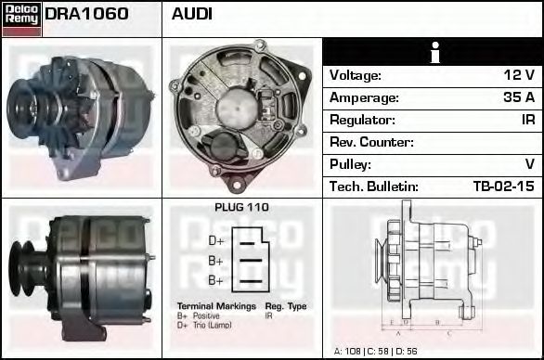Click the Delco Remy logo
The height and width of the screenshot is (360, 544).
pyautogui.click(x=21, y=19)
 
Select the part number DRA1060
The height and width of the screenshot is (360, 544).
pyautogui.click(x=86, y=15)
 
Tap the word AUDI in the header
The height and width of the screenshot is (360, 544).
pyautogui.click(x=192, y=15)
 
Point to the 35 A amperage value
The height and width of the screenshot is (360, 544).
pyautogui.click(x=518, y=97)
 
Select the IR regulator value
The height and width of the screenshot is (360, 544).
pyautogui.click(x=527, y=120)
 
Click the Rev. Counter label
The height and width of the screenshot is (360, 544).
pyautogui.click(x=371, y=142)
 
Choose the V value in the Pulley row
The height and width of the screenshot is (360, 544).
pyautogui.click(x=529, y=164)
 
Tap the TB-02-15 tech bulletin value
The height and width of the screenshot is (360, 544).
pyautogui.click(x=503, y=186)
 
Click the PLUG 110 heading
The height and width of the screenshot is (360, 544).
pyautogui.click(x=241, y=208)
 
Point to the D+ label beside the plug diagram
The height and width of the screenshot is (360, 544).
pyautogui.click(x=215, y=240)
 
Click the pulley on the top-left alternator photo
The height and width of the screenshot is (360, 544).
pyautogui.click(x=27, y=103)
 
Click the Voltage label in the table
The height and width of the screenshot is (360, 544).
pyautogui.click(x=355, y=75)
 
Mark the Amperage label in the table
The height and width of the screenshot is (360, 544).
pyautogui.click(x=364, y=97)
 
